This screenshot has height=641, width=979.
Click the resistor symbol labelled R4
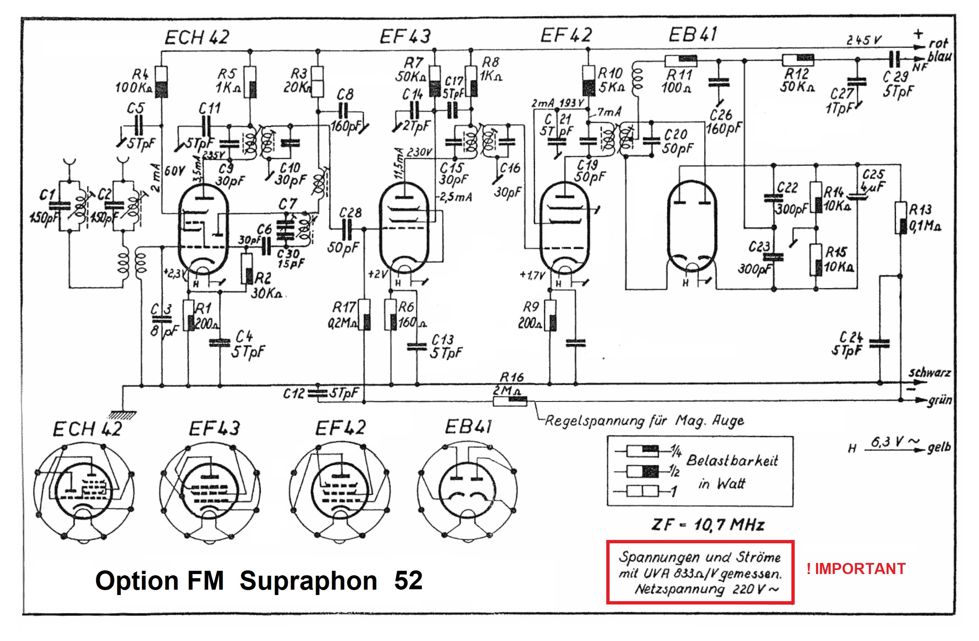tap(161, 82)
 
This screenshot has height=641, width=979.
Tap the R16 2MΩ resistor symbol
tap(510, 401)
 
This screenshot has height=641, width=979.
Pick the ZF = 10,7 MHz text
tap(708, 524)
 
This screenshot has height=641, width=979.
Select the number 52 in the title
tap(408, 581)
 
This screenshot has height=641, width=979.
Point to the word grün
tap(940, 400)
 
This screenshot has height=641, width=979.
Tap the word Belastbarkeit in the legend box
tap(732, 460)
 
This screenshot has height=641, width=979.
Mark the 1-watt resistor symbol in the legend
tap(642, 491)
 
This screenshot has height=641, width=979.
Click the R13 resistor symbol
tap(901, 218)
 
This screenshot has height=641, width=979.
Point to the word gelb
tap(939, 447)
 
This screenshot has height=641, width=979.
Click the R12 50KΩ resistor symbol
tap(798, 60)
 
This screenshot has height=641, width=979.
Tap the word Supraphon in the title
tap(309, 581)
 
